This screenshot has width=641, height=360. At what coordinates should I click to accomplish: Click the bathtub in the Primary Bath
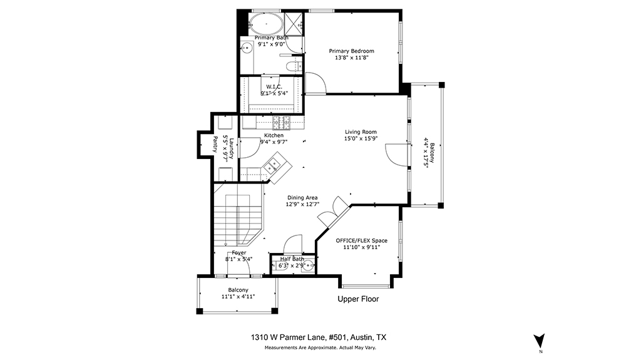pyautogui.click(x=266, y=24)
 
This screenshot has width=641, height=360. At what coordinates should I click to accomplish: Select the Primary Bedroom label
pyautogui.click(x=352, y=51)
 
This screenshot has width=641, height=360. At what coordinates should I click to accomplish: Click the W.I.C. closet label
pyautogui.click(x=274, y=87)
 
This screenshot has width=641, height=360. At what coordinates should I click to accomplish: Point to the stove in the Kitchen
pyautogui.click(x=281, y=120)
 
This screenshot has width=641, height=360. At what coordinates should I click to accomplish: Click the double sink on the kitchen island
pyautogui.click(x=272, y=166)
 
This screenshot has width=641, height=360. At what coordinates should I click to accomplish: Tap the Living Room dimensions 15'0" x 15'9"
pyautogui.click(x=361, y=139)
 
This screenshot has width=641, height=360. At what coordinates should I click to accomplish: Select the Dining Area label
pyautogui.click(x=302, y=198)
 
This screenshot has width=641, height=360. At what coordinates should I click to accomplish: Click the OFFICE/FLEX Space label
pyautogui.click(x=361, y=240)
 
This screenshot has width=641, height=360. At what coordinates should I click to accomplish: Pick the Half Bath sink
pyautogui.click(x=309, y=265)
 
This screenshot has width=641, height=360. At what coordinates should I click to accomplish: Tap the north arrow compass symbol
pyautogui.click(x=539, y=341)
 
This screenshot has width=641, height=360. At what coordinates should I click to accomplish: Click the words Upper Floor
pyautogui.click(x=358, y=299)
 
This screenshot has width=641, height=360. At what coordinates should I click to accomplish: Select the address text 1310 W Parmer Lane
pyautogui.click(x=289, y=337)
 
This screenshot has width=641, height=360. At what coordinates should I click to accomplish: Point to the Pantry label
pyautogui.click(x=215, y=145)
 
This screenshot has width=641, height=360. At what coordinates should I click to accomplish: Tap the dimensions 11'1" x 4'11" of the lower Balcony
pyautogui.click(x=238, y=297)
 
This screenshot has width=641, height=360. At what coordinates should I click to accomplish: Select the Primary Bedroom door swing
pyautogui.click(x=315, y=83)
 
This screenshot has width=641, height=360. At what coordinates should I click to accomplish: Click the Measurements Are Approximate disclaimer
pyautogui.click(x=320, y=347)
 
